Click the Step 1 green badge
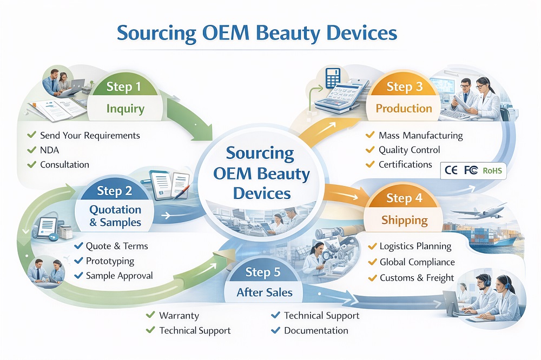123,86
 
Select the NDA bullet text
50,150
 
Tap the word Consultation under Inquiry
64,164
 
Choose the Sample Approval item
119,275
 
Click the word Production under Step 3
404,108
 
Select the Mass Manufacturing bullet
420,135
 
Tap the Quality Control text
409,150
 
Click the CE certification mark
451,170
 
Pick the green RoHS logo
492,171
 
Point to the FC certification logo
471,170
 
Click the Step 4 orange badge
404,198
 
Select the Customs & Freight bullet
417,278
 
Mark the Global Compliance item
417,262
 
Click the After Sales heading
265,293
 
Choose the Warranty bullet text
179,315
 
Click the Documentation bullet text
316,330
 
